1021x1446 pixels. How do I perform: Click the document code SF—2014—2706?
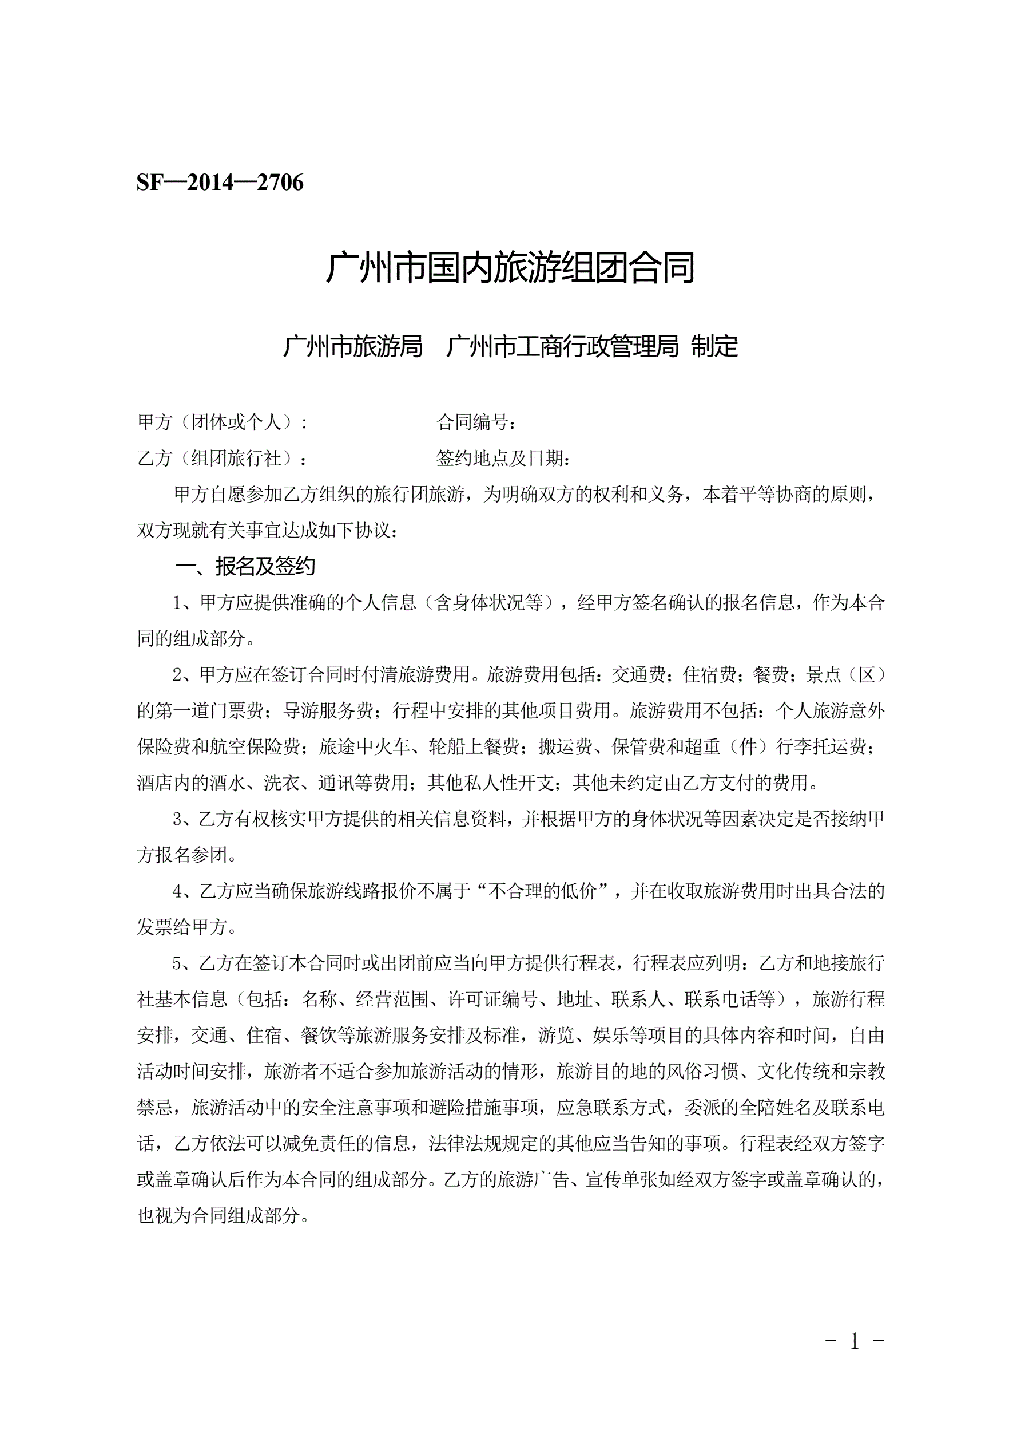click(x=220, y=183)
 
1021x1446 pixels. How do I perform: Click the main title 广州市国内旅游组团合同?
click(x=510, y=268)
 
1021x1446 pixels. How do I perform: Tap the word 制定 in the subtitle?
click(x=714, y=346)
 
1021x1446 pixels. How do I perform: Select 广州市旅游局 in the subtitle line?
click(x=352, y=346)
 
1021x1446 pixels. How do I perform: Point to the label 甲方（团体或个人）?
click(x=222, y=422)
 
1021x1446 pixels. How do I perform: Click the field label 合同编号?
click(x=476, y=422)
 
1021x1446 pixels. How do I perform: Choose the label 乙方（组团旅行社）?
click(x=222, y=458)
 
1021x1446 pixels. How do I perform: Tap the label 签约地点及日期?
click(x=503, y=458)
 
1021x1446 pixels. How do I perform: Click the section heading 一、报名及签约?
click(x=245, y=566)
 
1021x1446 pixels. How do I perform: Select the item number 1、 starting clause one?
click(x=185, y=603)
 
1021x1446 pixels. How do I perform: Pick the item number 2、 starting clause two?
click(x=185, y=675)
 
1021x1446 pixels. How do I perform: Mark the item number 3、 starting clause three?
click(x=185, y=819)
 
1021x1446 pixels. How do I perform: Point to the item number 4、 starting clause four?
click(x=185, y=891)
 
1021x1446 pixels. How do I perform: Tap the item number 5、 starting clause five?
click(x=185, y=963)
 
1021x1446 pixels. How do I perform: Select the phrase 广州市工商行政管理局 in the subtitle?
click(x=562, y=346)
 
